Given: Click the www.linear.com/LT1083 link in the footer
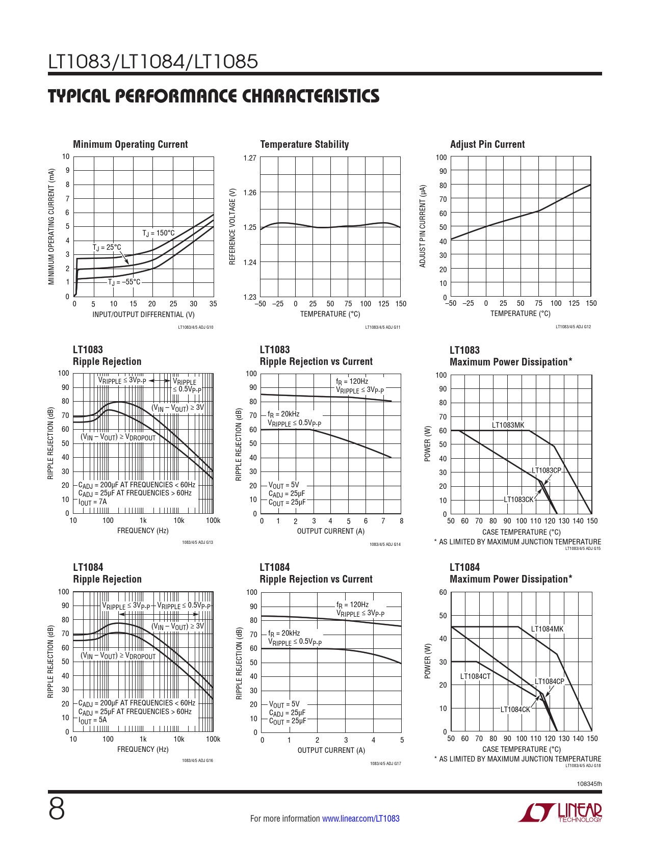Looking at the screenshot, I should click(x=361, y=819).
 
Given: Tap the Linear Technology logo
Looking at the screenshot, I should click(x=560, y=812).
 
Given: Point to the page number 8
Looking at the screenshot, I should click(x=57, y=809).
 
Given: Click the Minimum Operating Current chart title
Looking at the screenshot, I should click(x=131, y=144).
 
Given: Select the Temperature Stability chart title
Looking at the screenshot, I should click(x=304, y=144).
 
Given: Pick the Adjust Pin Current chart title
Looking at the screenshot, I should click(x=487, y=144).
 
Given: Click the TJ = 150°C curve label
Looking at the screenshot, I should click(x=158, y=233).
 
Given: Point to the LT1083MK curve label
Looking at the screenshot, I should click(x=508, y=425).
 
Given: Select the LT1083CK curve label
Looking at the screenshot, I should click(x=518, y=500).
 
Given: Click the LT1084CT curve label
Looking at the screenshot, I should click(x=475, y=676).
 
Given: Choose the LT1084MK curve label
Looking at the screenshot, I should click(x=548, y=629).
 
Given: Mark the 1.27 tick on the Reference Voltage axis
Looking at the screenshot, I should click(x=250, y=158).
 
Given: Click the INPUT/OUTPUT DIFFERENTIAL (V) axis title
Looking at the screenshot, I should click(x=143, y=314).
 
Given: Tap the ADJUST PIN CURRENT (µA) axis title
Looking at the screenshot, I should click(x=423, y=226).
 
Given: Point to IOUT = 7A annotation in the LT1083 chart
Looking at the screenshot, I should click(x=93, y=502).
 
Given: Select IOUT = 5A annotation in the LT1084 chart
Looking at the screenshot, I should click(x=93, y=720).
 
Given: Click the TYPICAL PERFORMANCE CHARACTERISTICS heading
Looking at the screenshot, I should click(x=214, y=96).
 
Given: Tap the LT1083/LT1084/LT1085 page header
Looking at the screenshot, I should click(x=153, y=62).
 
